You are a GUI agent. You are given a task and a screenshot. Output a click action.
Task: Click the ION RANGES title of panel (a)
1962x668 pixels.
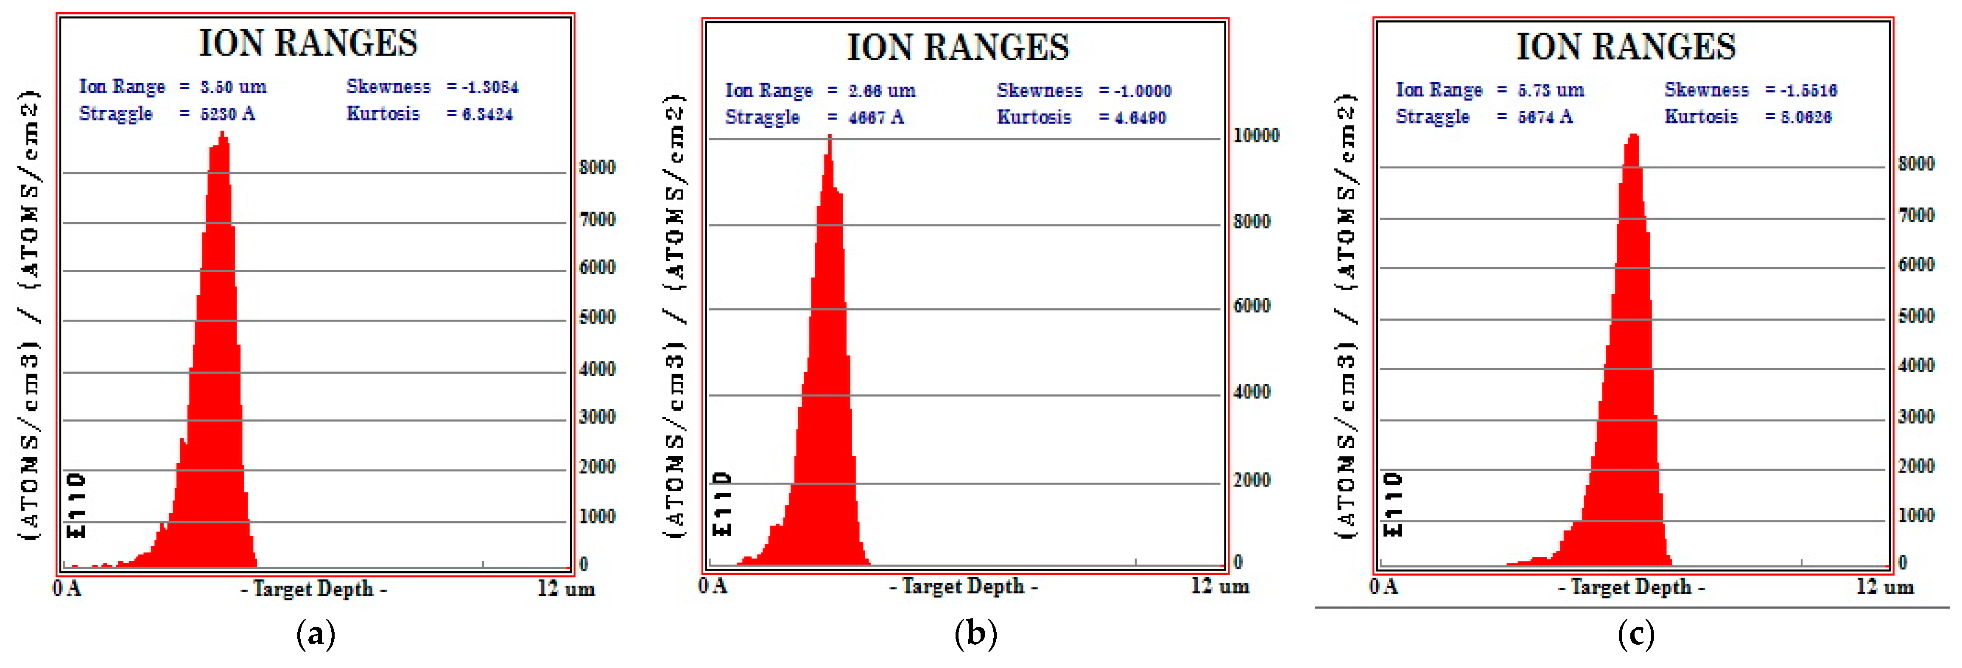pyautogui.click(x=308, y=43)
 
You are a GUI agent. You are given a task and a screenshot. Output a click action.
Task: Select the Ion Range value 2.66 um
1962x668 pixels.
pyautogui.click(x=882, y=91)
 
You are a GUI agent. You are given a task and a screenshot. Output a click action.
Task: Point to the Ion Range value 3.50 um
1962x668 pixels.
pyautogui.click(x=233, y=87)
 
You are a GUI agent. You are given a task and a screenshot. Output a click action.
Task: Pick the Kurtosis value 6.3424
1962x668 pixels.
pyautogui.click(x=487, y=114)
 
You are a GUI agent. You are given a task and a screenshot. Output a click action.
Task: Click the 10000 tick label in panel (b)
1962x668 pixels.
pyautogui.click(x=1256, y=136)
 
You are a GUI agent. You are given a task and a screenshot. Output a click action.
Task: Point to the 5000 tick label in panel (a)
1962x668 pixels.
pyautogui.click(x=597, y=317)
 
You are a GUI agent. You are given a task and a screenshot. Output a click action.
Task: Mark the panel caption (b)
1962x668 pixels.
pyautogui.click(x=975, y=634)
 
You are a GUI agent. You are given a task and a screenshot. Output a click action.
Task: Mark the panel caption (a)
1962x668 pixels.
pyautogui.click(x=315, y=634)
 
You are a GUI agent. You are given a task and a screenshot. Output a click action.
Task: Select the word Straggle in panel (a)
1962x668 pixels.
pyautogui.click(x=116, y=114)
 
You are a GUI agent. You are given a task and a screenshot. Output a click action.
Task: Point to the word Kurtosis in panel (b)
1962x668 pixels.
pyautogui.click(x=1034, y=117)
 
